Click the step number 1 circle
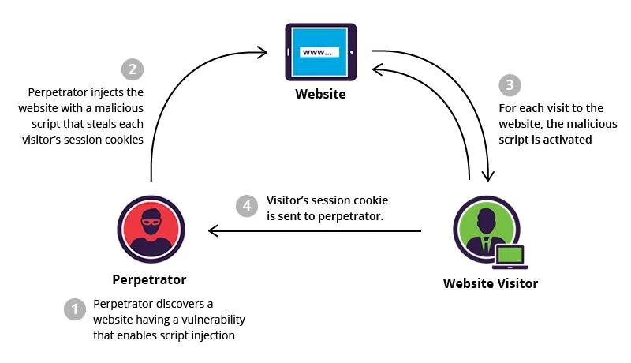pyautogui.click(x=74, y=309)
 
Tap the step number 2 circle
pyautogui.click(x=132, y=69)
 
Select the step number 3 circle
pyautogui.click(x=510, y=85)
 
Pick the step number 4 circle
pyautogui.click(x=247, y=206)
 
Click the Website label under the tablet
pyautogui.click(x=320, y=95)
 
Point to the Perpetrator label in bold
pyautogui.click(x=149, y=279)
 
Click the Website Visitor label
pyautogui.click(x=490, y=283)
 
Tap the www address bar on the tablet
pyautogui.click(x=320, y=52)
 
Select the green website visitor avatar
pyautogui.click(x=484, y=226)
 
